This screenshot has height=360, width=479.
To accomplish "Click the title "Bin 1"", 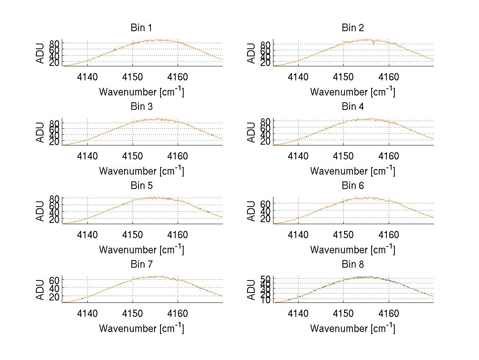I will click(141, 28).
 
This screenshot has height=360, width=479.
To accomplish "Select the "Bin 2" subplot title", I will click(353, 28).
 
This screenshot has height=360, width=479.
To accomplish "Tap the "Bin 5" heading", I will click(141, 186).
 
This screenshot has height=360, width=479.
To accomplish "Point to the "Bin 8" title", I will click(353, 265).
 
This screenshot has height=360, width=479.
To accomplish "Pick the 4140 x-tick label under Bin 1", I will click(87, 77).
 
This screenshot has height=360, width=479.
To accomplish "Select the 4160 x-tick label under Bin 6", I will click(388, 235).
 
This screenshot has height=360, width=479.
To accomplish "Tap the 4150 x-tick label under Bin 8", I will click(343, 313).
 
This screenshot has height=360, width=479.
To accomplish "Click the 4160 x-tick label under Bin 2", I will click(388, 77).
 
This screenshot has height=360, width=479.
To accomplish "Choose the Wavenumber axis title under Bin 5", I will click(141, 250).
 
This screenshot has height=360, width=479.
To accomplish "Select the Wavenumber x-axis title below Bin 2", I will click(352, 92).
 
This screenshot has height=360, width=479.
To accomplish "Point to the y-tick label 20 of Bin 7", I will click(55, 296).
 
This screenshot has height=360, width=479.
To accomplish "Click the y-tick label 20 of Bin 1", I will click(55, 63).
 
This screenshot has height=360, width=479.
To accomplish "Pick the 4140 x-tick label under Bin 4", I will click(298, 156).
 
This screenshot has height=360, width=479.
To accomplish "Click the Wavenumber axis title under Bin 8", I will click(352, 328).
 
